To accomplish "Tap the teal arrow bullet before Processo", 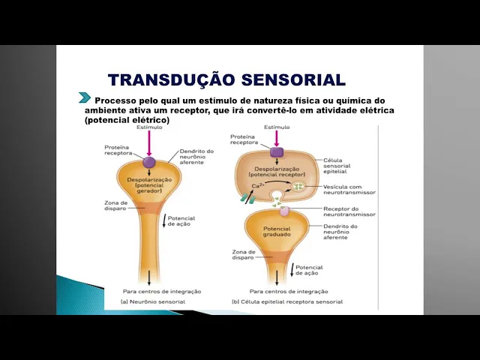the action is tap(85, 98).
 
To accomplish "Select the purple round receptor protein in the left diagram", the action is tap(149, 161).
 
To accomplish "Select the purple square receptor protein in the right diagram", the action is tap(277, 151).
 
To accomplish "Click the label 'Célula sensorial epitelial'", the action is tap(342, 165).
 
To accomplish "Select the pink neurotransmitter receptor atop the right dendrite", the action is tap(276, 212).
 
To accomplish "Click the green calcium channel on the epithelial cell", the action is tap(246, 198).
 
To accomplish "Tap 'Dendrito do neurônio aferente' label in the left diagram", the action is tap(196, 156).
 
